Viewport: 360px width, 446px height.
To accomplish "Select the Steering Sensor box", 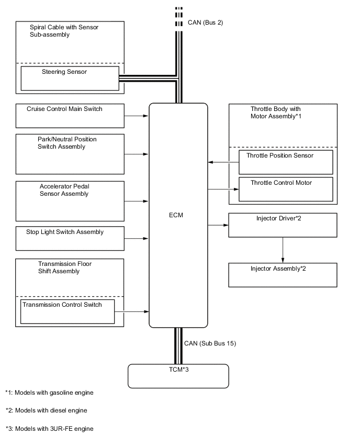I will point(70,78).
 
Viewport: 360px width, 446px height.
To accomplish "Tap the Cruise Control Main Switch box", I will point(70,115).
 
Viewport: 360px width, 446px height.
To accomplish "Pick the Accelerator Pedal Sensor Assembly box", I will point(70,201).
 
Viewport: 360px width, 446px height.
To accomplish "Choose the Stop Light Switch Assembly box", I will point(70,238).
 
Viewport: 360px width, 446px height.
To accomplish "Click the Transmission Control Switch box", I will point(67,311).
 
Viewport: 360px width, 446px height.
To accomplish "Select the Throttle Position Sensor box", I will point(286,162).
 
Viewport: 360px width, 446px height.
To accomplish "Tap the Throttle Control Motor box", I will point(286,189).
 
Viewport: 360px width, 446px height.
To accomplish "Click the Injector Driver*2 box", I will point(283,225).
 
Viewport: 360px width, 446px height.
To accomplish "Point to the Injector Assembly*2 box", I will point(283,275).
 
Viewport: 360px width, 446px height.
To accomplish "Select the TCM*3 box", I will point(178,376).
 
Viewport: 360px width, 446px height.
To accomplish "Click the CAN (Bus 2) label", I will point(205,23).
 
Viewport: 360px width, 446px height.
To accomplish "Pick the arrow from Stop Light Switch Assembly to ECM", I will point(137,239).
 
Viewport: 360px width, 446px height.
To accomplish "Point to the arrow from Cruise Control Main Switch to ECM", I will point(137,116).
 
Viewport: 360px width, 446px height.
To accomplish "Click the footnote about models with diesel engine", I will point(46,410).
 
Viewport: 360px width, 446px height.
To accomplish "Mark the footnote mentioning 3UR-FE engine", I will point(49,429).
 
